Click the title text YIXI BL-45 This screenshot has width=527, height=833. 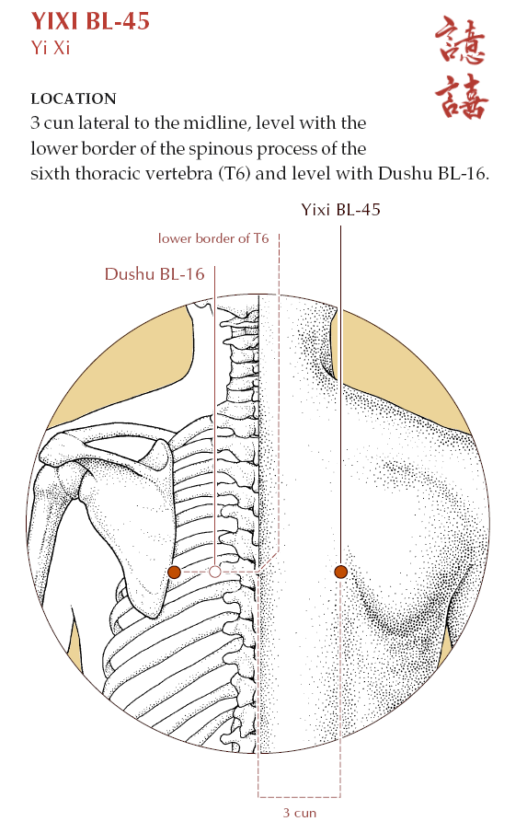pos(90,22)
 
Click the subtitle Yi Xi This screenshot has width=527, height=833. pos(51,48)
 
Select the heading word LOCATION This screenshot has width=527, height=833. pos(74,98)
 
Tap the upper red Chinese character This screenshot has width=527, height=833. pos(460,40)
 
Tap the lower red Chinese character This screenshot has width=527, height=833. pos(461,96)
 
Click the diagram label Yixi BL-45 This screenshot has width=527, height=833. pos(340,209)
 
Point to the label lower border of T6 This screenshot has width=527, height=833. pos(213,238)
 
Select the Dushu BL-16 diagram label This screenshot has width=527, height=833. pos(155,273)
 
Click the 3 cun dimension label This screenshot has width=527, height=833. pos(299,813)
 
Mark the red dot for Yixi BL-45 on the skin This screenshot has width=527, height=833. pos(340,572)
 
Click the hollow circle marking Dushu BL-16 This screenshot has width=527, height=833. pos(215,573)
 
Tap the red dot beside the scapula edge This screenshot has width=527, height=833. pos(174,573)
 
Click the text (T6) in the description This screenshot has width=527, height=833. pos(234,174)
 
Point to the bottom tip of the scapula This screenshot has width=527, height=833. pos(153,617)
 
